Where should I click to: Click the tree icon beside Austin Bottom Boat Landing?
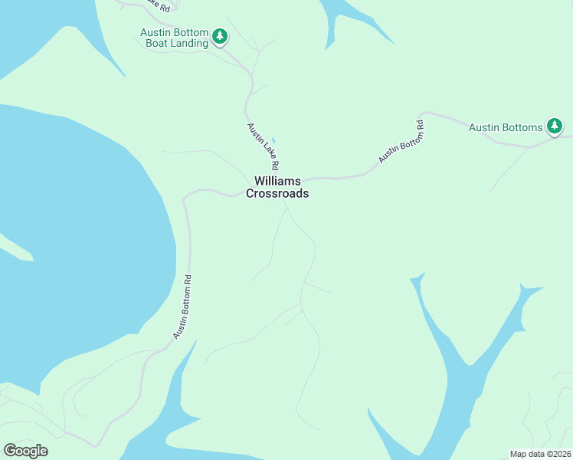click(220, 36)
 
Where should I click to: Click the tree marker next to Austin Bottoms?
click(555, 127)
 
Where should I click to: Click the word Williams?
click(277, 181)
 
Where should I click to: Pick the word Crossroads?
click(277, 194)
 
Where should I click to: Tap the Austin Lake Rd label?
click(263, 146)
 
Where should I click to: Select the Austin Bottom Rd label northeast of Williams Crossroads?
click(401, 141)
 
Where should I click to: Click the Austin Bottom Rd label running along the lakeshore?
click(182, 307)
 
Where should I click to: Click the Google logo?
click(25, 451)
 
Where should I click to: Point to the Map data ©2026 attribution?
click(540, 454)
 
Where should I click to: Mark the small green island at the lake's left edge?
click(15, 247)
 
